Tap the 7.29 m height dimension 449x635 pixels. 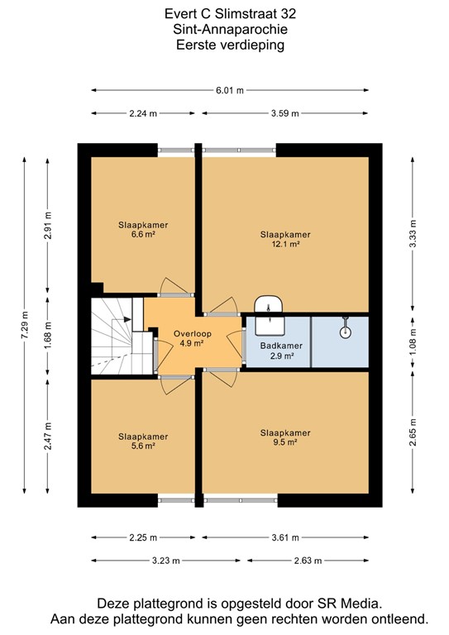tap(26, 325)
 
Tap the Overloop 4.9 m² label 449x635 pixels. tap(189, 339)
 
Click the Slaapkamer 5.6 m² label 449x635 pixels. tap(143, 441)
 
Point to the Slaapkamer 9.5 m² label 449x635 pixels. tap(278, 437)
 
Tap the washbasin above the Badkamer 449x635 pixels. tap(268, 305)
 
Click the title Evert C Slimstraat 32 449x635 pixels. tap(229, 14)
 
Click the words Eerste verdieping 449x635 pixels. tap(229, 45)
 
